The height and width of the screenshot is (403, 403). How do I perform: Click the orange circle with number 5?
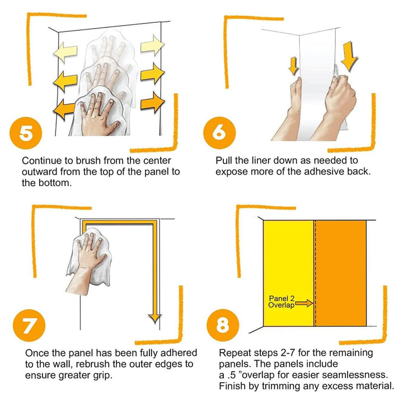point(26,133)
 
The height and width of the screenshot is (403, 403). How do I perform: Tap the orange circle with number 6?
point(219,133)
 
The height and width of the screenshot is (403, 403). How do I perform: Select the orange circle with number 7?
point(29,325)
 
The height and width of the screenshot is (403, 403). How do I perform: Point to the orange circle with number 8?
point(223,325)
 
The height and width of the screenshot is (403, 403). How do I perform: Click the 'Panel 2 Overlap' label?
point(282,302)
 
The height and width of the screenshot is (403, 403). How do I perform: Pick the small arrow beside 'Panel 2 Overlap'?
point(304,303)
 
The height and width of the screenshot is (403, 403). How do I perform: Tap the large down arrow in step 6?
point(349,57)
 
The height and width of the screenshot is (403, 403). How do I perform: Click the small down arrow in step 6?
point(293,66)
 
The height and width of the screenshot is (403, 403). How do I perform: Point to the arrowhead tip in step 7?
point(155,323)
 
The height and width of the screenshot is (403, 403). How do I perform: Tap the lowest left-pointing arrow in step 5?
point(64,110)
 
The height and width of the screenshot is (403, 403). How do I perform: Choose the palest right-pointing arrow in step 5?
point(152,45)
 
